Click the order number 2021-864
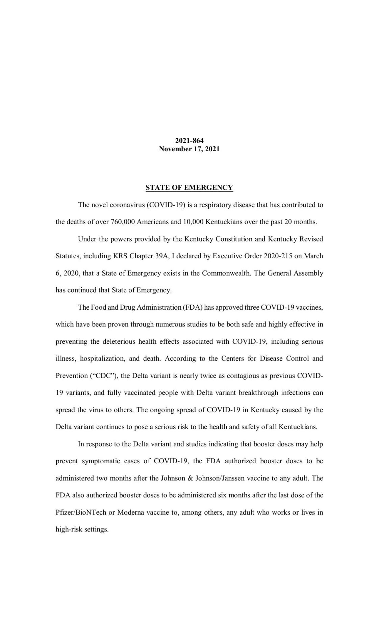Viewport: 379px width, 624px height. pyautogui.click(x=189, y=140)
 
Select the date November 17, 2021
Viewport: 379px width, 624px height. pyautogui.click(x=189, y=149)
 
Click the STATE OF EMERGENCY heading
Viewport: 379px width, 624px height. pyautogui.click(x=189, y=187)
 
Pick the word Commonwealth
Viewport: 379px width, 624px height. pyautogui.click(x=226, y=273)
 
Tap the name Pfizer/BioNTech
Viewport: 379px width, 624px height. pyautogui.click(x=81, y=513)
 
